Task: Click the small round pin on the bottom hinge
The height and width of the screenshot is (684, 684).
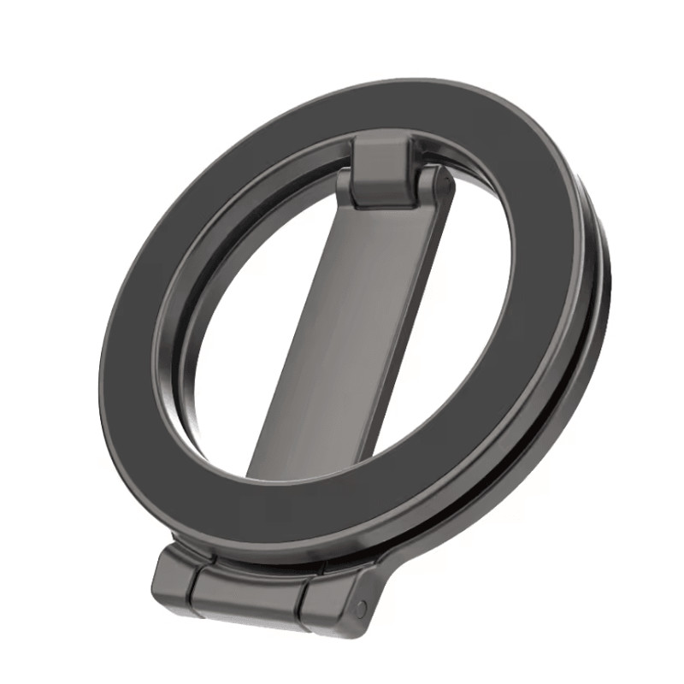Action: click(x=361, y=609)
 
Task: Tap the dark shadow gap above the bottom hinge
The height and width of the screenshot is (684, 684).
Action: click(x=256, y=555)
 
